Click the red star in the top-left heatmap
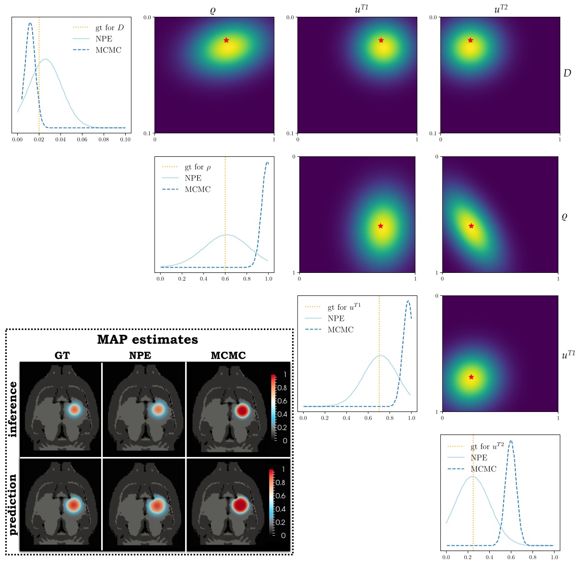click(x=226, y=40)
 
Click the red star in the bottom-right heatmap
click(x=471, y=377)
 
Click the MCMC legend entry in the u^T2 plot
click(x=483, y=469)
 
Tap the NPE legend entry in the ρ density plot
click(x=193, y=178)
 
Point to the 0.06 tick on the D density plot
click(x=82, y=140)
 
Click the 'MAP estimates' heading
click(x=147, y=340)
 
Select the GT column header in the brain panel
click(x=62, y=355)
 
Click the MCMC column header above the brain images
click(x=228, y=355)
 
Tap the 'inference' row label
click(x=13, y=409)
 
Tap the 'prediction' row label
click(x=13, y=504)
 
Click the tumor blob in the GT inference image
click(x=74, y=410)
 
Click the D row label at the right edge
click(x=567, y=73)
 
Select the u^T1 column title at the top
click(x=361, y=9)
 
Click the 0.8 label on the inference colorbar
click(x=282, y=388)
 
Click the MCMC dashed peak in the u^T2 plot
click(x=510, y=441)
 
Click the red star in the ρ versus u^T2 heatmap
click(x=471, y=226)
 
